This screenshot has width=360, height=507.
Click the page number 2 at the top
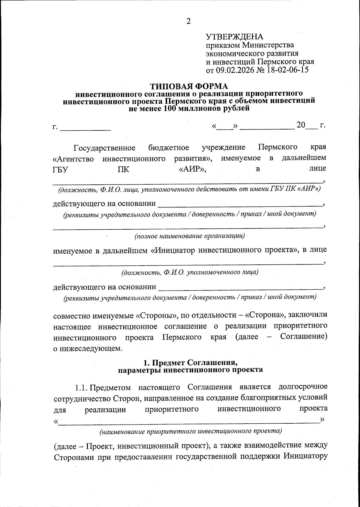188,21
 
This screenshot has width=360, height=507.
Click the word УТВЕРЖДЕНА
234,37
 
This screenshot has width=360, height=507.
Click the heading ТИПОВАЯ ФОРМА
189,86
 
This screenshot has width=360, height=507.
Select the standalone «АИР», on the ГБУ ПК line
192,170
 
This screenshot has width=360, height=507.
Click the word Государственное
105,148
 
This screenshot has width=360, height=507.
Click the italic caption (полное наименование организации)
190,236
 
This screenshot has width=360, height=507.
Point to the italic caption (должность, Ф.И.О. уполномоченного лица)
190,273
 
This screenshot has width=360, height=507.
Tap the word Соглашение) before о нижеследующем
303,336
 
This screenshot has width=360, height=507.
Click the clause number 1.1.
80,387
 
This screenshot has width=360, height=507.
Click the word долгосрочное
303,387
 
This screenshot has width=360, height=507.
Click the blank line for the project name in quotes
189,421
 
